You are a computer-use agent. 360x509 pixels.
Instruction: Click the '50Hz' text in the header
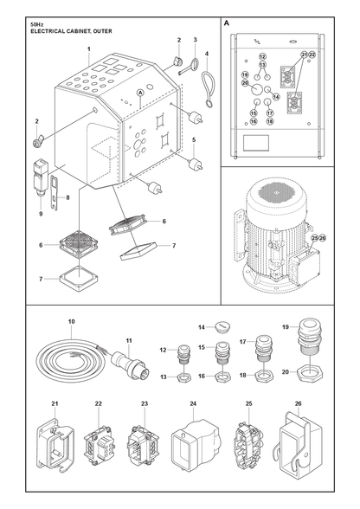pos(35,24)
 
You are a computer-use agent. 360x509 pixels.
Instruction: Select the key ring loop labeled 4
pos(208,89)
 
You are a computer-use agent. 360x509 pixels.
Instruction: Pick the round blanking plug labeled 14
pos(222,325)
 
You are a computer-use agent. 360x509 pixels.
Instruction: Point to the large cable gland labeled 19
pos(310,336)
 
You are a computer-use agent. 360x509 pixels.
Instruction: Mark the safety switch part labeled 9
pos(40,177)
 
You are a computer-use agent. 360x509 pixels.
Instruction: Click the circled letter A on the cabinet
pos(140,93)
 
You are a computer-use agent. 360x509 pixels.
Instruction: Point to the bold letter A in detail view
pos(226,23)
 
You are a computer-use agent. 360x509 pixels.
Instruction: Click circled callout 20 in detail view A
pos(245,83)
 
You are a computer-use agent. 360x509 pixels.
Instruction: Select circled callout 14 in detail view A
pos(276,96)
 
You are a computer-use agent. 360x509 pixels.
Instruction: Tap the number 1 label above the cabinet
pos(88,49)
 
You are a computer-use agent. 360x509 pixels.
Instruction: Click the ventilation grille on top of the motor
pos(276,192)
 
